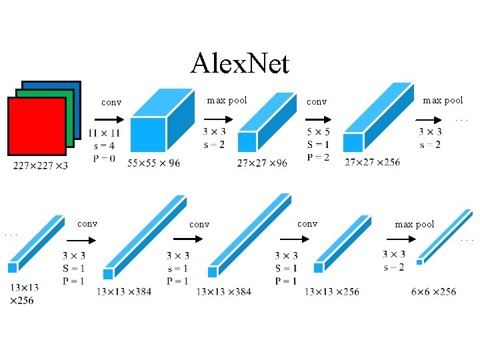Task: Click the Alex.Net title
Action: pos(239,63)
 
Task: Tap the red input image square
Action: pos(37,127)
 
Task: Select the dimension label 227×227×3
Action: pos(40,166)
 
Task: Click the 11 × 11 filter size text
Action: pos(103,134)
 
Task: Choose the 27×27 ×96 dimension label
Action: pos(262,163)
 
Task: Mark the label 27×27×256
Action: pos(373,163)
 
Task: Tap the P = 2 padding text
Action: pos(319,157)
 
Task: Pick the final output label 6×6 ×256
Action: pos(434,291)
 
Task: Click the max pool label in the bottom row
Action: pos(415,224)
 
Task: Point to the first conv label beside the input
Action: pos(111,103)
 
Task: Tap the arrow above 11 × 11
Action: pos(105,121)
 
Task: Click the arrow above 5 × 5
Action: pos(319,121)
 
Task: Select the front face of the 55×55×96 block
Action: pos(148,135)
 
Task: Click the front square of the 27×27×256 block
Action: pos(353,143)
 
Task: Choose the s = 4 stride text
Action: pos(103,146)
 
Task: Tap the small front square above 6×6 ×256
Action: pos(419,262)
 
